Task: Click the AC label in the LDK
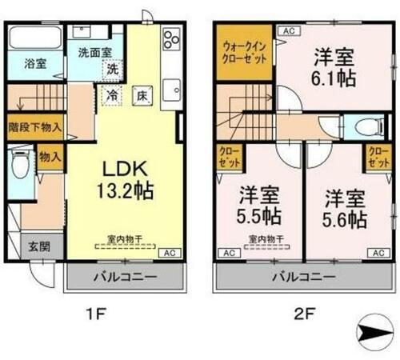tap(169, 253)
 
